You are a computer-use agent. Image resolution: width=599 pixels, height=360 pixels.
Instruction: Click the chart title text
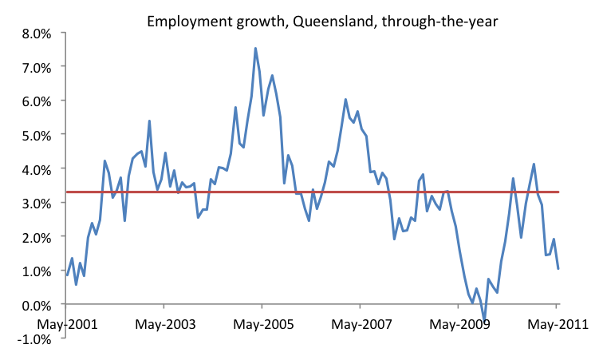[322, 22]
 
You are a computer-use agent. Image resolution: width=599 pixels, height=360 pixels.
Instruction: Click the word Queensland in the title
[322, 22]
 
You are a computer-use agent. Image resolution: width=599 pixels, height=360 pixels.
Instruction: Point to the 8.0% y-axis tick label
[35, 33]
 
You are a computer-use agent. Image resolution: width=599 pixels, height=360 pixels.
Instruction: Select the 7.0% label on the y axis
[35, 66]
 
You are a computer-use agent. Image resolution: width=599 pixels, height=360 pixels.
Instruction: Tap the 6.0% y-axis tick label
[35, 101]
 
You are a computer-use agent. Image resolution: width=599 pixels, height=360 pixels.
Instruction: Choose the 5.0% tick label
[35, 134]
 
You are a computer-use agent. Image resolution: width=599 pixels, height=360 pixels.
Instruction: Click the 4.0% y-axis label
[35, 168]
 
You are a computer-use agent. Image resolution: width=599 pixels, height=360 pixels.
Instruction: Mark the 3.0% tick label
[35, 203]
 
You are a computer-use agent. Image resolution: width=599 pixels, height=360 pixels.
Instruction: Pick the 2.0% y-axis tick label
[35, 236]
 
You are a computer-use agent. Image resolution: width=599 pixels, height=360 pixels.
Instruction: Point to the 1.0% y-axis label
[35, 271]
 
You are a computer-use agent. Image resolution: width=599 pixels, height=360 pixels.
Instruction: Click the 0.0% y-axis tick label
[35, 304]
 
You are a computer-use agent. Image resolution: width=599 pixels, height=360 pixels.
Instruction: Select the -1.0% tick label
[33, 338]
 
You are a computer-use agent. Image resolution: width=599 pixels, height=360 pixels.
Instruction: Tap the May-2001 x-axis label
[67, 325]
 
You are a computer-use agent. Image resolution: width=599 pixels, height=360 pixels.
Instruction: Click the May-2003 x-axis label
[164, 325]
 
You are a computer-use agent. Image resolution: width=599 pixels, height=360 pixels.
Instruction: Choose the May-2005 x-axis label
[262, 325]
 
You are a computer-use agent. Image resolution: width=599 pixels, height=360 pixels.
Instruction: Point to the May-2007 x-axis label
[361, 325]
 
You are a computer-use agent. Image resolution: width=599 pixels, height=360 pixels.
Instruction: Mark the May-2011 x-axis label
[557, 325]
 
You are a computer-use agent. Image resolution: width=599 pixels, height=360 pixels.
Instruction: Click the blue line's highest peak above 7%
[255, 48]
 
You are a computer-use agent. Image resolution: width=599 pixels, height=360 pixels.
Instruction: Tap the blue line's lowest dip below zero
[484, 318]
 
